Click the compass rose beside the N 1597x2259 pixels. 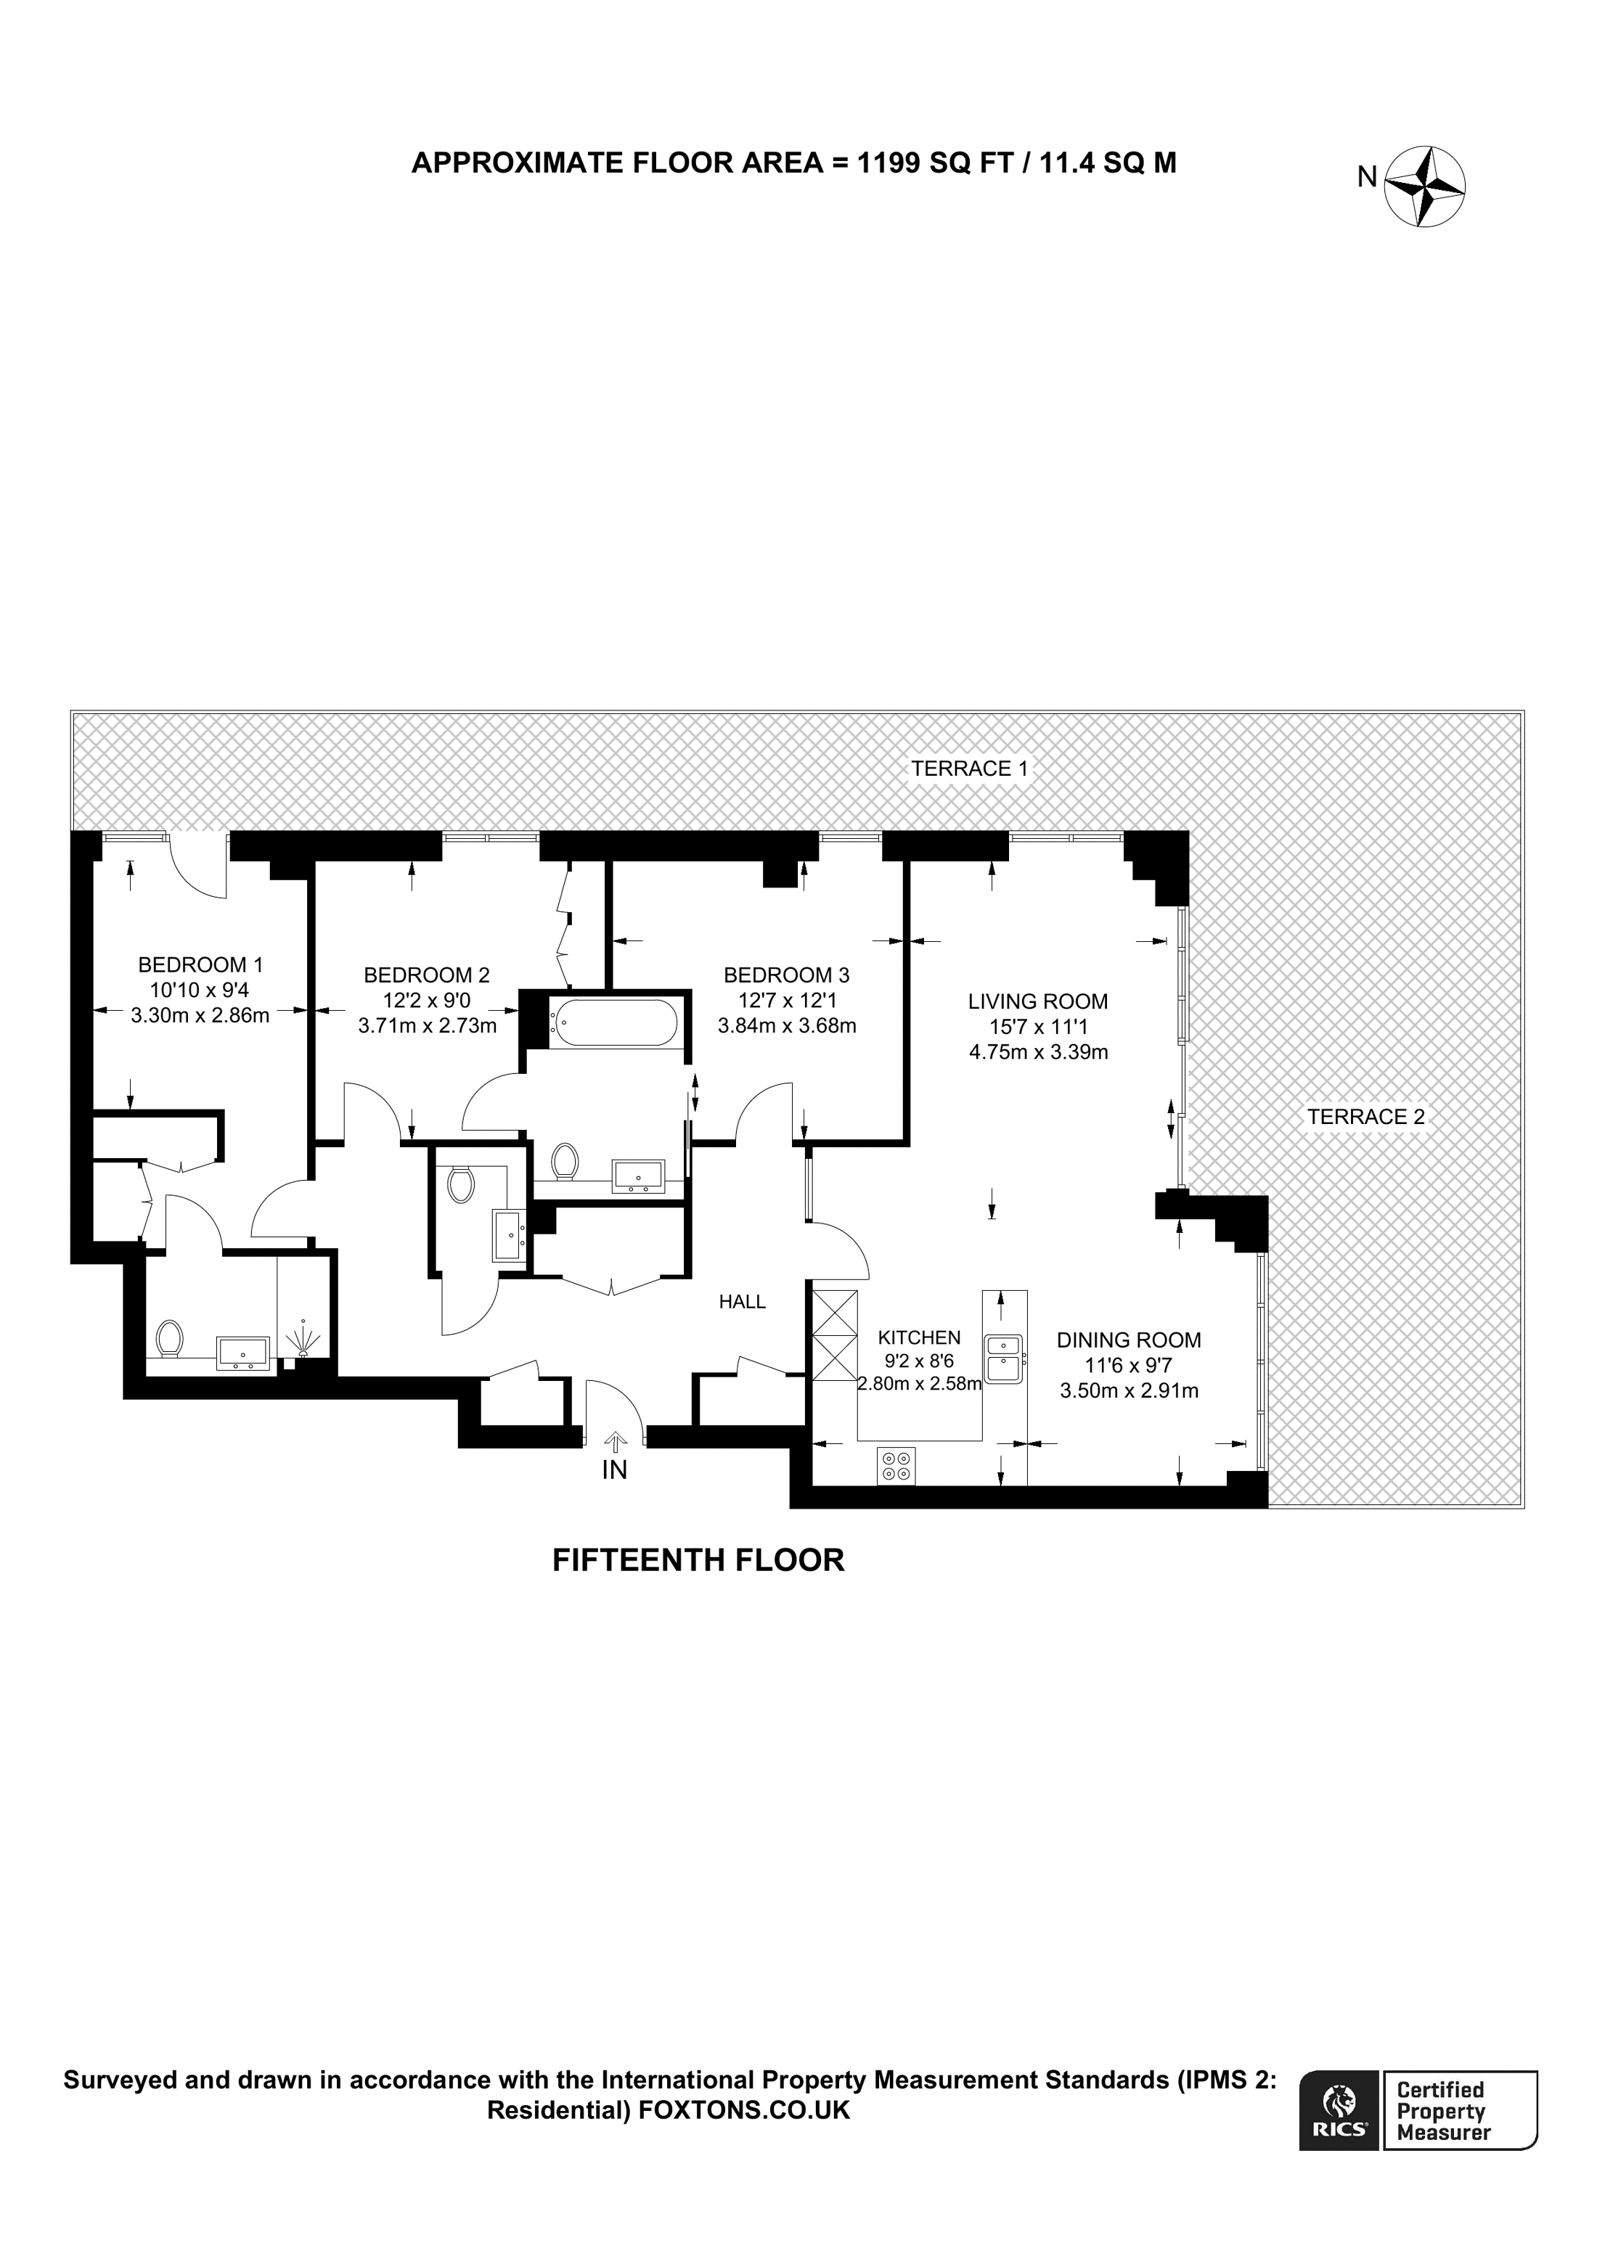pyautogui.click(x=1425, y=187)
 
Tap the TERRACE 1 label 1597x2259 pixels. pyautogui.click(x=968, y=768)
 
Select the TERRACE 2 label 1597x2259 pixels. pyautogui.click(x=1365, y=1117)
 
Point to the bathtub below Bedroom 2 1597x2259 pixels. pyautogui.click(x=614, y=1023)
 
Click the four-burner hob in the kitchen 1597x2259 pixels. pyautogui.click(x=896, y=1466)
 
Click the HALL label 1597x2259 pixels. pyautogui.click(x=742, y=1302)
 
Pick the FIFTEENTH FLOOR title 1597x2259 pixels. pyautogui.click(x=698, y=1559)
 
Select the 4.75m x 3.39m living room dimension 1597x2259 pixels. pyautogui.click(x=1038, y=1051)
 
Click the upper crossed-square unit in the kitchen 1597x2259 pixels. pyautogui.click(x=833, y=1313)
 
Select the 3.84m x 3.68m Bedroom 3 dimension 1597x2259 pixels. pyautogui.click(x=786, y=1025)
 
